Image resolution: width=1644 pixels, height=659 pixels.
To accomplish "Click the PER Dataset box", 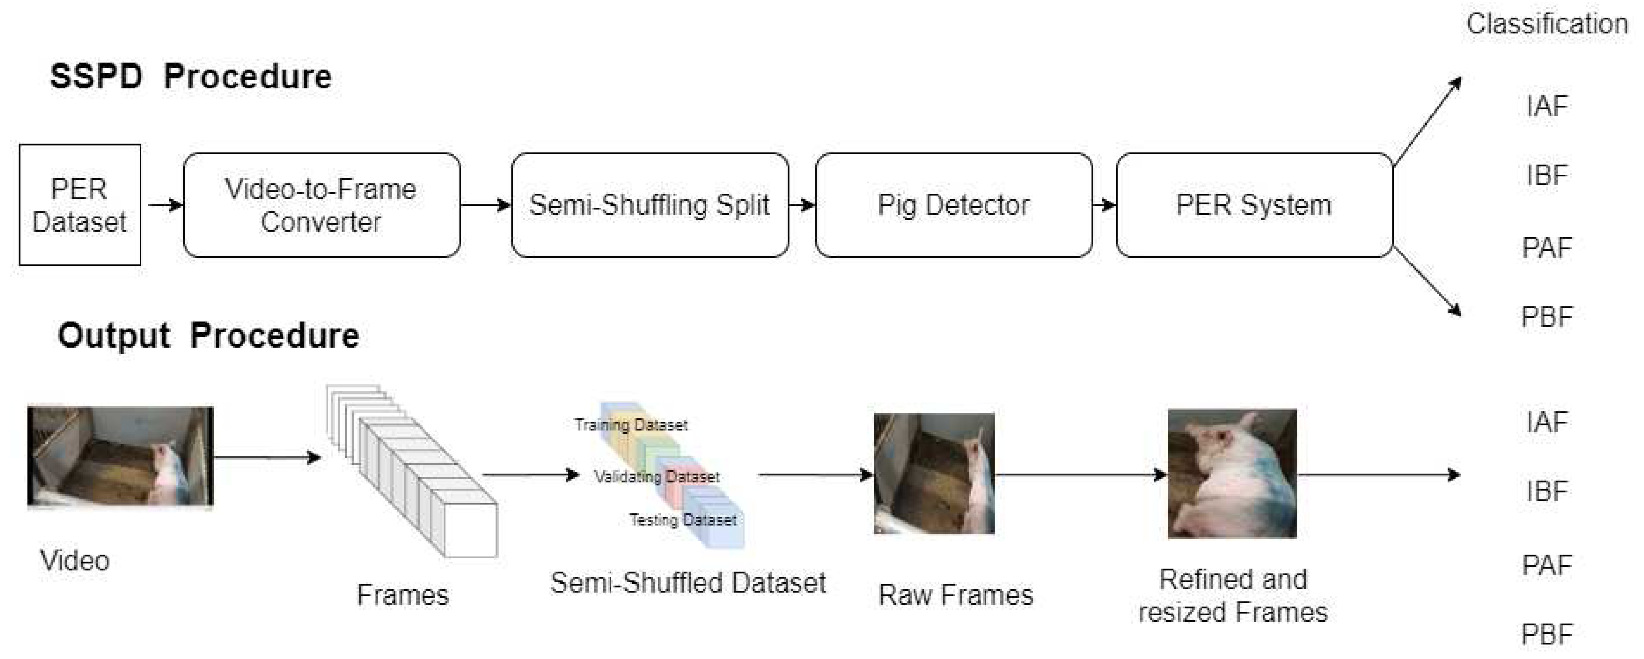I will click(80, 205).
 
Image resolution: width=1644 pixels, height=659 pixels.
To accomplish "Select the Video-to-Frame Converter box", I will click(321, 205).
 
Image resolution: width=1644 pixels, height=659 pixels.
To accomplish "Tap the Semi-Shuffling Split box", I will click(649, 205).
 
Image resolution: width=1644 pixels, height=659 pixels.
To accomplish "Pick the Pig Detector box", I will click(953, 205).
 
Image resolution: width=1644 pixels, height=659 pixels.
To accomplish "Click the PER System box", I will click(1254, 205).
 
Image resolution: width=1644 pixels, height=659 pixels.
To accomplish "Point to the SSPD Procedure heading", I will click(191, 77).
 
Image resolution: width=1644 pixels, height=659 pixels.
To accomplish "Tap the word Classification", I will click(1547, 24).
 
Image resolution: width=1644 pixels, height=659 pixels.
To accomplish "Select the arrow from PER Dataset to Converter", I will click(164, 205).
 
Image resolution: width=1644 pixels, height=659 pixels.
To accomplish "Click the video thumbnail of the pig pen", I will click(120, 455).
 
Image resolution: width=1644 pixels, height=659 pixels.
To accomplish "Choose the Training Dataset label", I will click(631, 425).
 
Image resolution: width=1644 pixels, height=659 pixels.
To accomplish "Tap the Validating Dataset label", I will click(656, 477).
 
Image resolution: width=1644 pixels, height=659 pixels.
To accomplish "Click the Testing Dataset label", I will click(682, 520).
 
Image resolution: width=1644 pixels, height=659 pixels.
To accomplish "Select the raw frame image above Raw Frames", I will click(934, 473).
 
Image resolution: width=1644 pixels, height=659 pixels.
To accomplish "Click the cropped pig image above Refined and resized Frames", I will click(1232, 473).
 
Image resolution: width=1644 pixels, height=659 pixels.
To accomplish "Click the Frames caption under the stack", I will click(402, 595).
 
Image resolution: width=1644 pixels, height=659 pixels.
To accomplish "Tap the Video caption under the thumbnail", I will click(75, 561).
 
